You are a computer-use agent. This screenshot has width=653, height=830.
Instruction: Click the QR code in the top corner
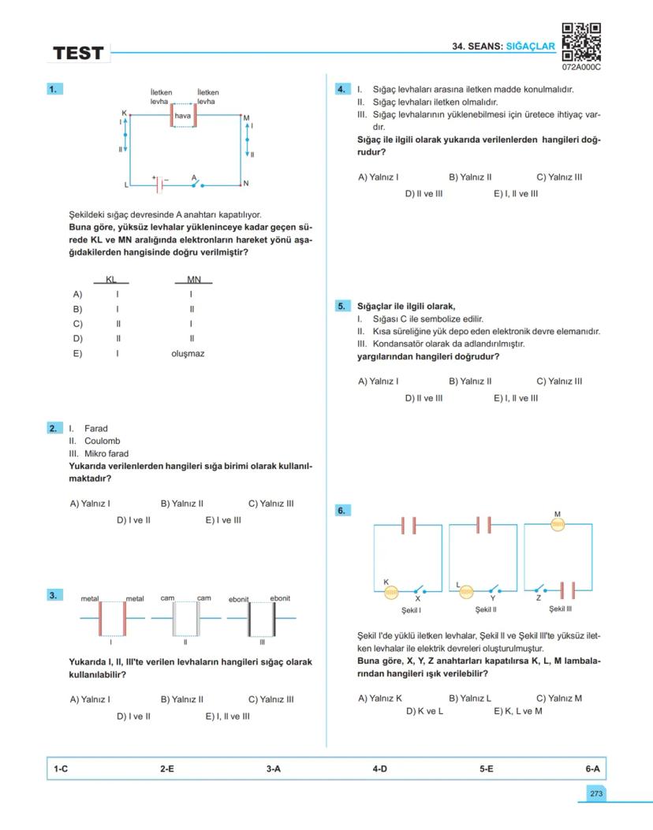tap(581, 43)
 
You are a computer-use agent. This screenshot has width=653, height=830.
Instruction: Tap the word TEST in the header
tap(78, 54)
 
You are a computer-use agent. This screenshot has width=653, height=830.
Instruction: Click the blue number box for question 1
tap(53, 89)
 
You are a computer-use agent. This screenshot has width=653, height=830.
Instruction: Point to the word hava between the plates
tap(183, 116)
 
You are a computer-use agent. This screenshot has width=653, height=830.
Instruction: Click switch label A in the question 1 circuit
tap(194, 177)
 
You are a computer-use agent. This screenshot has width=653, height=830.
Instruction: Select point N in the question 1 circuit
tap(246, 184)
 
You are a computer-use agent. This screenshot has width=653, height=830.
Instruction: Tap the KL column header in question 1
tap(110, 280)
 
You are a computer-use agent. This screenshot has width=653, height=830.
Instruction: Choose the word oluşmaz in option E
tap(188, 354)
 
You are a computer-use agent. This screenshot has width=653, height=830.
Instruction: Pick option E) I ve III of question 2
tap(223, 520)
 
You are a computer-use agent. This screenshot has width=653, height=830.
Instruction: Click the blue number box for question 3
tap(53, 595)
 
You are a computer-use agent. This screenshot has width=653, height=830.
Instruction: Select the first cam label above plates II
tap(167, 598)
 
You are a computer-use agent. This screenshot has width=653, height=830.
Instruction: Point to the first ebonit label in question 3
tap(238, 599)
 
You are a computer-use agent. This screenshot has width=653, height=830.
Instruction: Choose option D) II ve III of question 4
tap(424, 194)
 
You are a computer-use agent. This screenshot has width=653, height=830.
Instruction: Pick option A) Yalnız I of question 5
tap(378, 382)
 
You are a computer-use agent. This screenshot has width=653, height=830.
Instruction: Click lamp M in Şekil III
tap(558, 524)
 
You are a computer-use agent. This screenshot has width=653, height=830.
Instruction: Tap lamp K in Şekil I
tap(391, 592)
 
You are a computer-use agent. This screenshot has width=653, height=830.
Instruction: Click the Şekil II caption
tap(485, 609)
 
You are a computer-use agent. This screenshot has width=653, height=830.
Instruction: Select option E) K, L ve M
tap(517, 711)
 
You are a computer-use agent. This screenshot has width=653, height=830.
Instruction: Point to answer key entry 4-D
tap(379, 769)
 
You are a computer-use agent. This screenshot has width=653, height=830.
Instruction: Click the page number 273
tap(595, 794)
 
